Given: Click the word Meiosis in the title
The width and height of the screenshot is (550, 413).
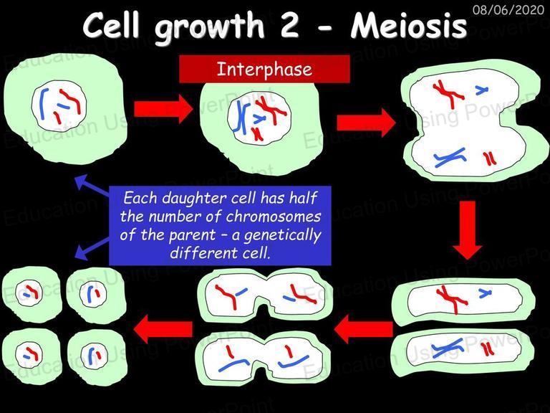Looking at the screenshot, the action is click(x=409, y=26).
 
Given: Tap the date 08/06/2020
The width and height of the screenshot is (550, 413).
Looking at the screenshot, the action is click(x=508, y=9).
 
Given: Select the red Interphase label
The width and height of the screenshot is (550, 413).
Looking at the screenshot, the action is click(x=264, y=69).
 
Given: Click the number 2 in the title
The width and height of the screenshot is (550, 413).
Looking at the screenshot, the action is click(x=289, y=26).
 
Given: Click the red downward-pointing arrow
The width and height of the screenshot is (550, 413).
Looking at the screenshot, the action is click(x=467, y=230).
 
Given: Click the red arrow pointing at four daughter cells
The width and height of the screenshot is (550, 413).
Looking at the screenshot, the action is click(x=163, y=329).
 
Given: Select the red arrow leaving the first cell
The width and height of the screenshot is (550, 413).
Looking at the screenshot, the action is click(x=163, y=109).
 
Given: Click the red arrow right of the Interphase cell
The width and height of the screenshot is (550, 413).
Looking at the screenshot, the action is click(x=367, y=123).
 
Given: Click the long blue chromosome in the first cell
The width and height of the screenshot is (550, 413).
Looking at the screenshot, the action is click(x=44, y=103).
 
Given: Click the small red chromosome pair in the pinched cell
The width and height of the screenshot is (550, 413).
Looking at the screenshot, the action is click(x=490, y=158).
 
